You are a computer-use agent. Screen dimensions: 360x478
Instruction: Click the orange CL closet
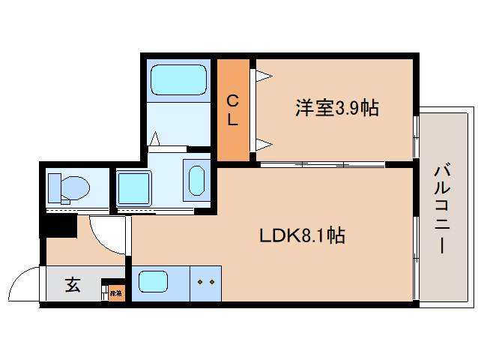pos(233,109)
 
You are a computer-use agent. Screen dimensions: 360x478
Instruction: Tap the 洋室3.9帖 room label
pos(335,109)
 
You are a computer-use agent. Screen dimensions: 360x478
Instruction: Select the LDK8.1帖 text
pos(302,235)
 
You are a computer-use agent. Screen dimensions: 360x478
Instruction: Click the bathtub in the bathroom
pos(178,80)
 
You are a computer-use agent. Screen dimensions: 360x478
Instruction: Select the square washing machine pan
pos(134,187)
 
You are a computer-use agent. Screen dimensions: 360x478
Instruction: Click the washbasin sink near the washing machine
pos(196,182)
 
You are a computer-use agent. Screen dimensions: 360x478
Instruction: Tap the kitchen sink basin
pos(153,283)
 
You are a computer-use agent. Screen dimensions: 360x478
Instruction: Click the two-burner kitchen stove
pos(205,283)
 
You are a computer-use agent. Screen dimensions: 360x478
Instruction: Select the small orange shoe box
pos(116,292)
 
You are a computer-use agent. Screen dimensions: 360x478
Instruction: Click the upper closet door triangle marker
pos(263,76)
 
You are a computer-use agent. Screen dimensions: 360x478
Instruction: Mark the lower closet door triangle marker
pos(263,144)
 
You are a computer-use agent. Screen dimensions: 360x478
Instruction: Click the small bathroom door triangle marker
pos(155,139)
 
